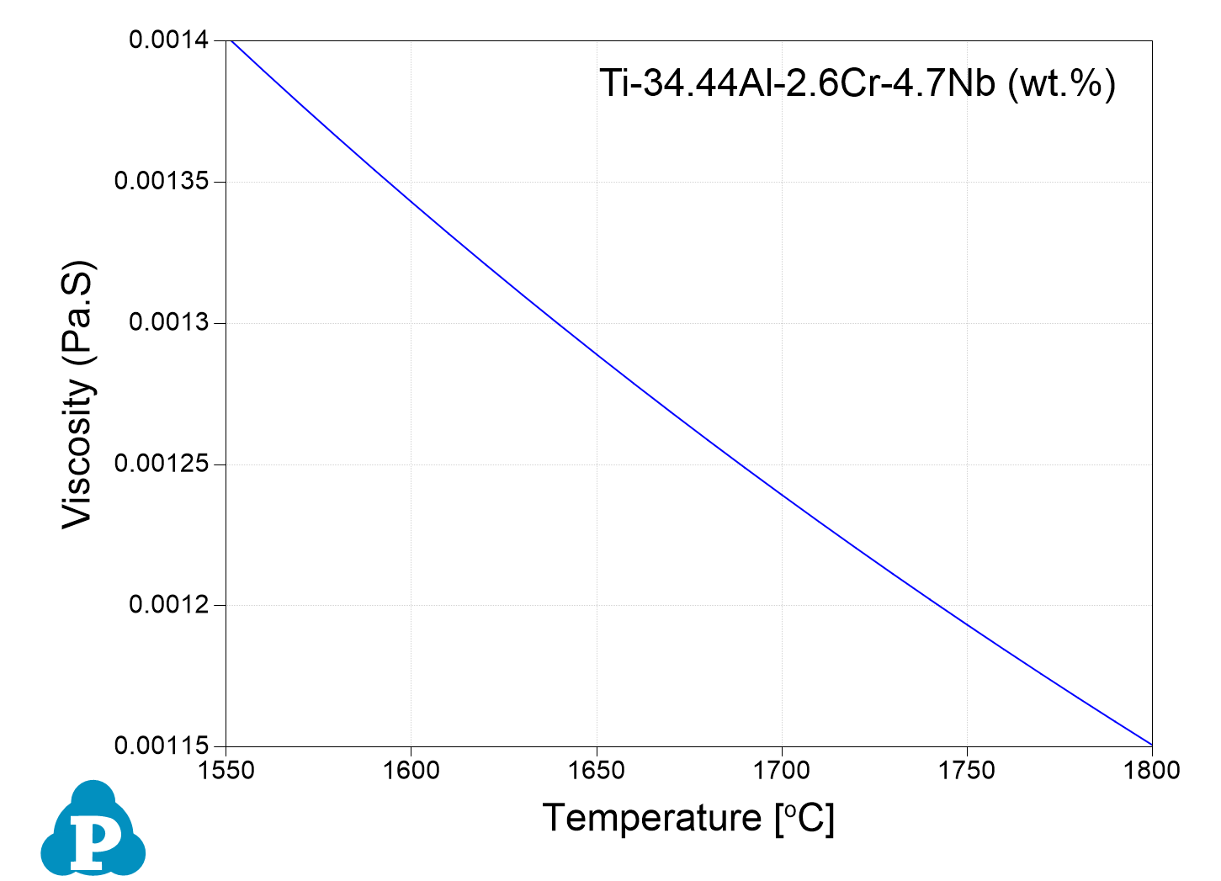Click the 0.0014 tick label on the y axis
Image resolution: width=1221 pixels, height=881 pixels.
coord(171,40)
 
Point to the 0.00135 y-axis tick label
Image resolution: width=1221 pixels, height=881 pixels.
coord(163,182)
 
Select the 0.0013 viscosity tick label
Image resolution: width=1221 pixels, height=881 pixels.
coord(171,323)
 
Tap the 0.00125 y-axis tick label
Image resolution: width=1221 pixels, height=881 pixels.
coord(163,464)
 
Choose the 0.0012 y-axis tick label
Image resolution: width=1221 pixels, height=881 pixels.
coord(171,605)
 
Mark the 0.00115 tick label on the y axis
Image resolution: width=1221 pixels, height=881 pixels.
coord(163,746)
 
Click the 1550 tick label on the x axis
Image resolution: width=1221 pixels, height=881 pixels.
coord(226,771)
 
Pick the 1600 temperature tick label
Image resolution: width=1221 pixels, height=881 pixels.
coord(411,771)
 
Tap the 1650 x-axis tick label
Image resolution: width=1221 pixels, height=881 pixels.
coord(597,771)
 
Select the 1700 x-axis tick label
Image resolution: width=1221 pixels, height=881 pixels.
coord(782,771)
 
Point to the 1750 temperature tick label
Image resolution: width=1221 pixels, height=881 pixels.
coord(967,771)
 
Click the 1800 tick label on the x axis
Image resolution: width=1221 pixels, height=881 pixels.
coord(1151,771)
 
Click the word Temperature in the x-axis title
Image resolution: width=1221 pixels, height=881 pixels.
coord(651,818)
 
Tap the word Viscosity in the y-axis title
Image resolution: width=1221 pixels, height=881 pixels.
coord(77,454)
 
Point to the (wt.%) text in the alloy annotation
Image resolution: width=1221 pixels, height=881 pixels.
coord(1061,84)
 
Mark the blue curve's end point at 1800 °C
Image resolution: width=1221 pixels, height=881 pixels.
coord(1151,745)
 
